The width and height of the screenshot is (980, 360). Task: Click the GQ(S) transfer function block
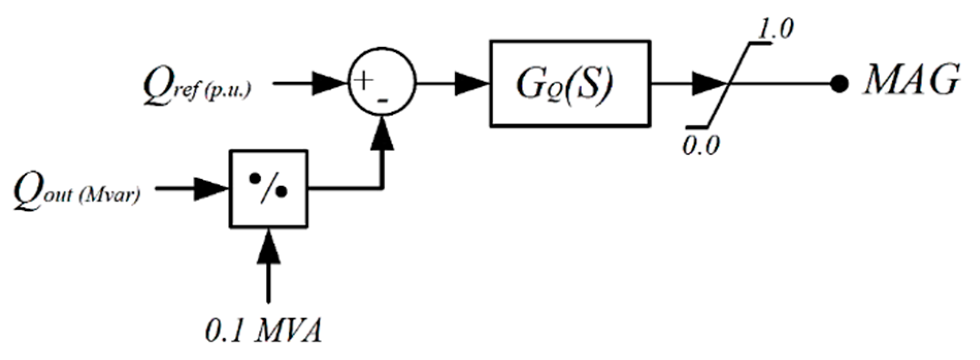coord(569,84)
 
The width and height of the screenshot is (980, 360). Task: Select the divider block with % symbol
coord(268,189)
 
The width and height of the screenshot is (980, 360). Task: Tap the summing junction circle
coord(381,84)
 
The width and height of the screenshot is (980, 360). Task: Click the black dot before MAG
coord(839,84)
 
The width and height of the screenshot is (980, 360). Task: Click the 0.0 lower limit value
coord(701,146)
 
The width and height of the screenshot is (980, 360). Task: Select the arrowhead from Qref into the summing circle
coord(329,84)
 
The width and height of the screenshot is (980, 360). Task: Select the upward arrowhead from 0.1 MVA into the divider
coord(268,248)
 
